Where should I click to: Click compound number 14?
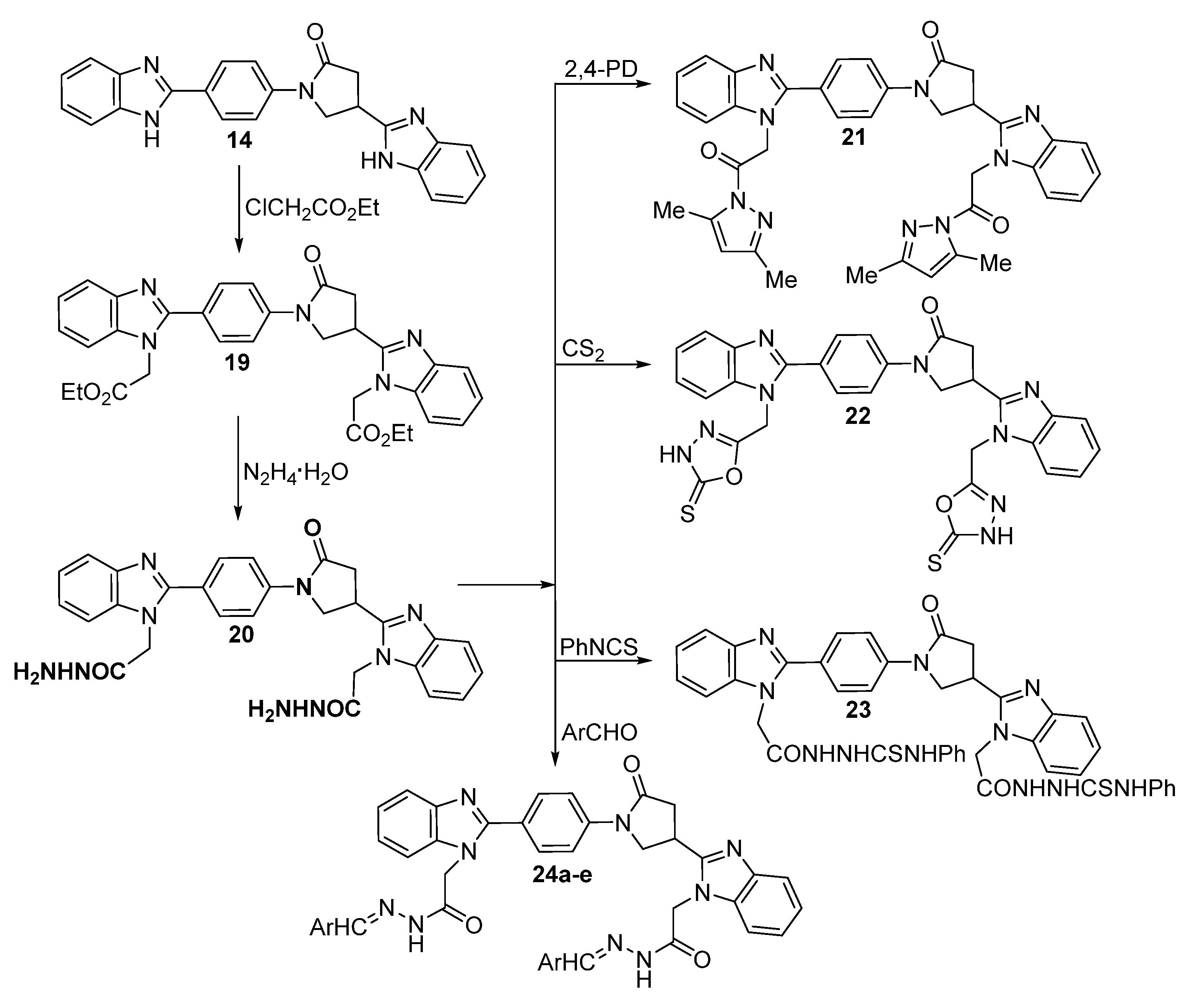click(x=239, y=139)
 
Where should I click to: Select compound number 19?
click(x=237, y=362)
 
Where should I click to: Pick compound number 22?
click(x=858, y=416)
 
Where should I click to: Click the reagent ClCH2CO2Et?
click(x=312, y=209)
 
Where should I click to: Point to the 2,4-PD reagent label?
click(x=600, y=70)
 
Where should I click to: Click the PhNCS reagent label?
click(x=598, y=647)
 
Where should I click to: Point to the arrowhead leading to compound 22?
click(x=643, y=365)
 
